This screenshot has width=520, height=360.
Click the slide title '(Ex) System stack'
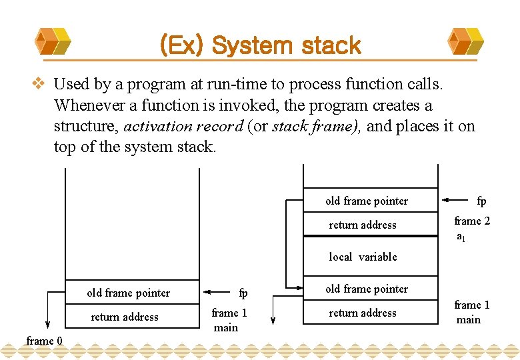[x=260, y=45]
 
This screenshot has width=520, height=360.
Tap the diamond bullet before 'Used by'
[x=39, y=85]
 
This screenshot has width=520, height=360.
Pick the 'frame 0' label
[x=44, y=341]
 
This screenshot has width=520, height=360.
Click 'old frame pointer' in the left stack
[x=128, y=293]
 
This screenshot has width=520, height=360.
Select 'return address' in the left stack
[x=125, y=317]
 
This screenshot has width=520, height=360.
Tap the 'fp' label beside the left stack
[x=243, y=293]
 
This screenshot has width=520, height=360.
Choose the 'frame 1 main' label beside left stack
[x=229, y=320]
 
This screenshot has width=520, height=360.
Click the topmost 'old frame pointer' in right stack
[x=367, y=201]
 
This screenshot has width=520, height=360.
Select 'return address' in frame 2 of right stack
[x=363, y=225]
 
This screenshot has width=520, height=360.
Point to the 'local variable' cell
[x=363, y=257]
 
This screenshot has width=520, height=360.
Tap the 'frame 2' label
[x=472, y=221]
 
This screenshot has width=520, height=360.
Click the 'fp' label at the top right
[x=481, y=201]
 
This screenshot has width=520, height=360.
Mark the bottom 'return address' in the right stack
[x=363, y=313]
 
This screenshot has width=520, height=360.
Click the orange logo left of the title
[x=52, y=41]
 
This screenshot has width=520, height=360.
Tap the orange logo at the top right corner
[x=466, y=41]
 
